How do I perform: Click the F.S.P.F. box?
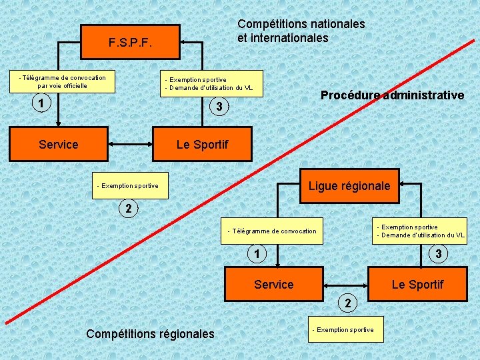coord(130,43)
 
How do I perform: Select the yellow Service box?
coord(58,144)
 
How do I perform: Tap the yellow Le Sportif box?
coord(202,144)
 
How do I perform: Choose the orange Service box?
coord(273,285)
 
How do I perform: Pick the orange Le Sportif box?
coord(417,285)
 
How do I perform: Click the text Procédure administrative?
coord(392,95)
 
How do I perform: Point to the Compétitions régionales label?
coord(151,333)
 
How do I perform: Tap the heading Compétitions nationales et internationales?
coord(301,31)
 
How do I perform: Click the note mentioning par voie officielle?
coord(62,81)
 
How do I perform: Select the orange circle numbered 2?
coord(347,303)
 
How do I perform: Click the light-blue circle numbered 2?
coord(129,209)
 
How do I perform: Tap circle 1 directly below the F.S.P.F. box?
coord(41,103)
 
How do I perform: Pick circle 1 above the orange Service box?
coord(256,253)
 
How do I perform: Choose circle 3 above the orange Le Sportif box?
coord(438,253)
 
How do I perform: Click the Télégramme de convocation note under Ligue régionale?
coord(272,231)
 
